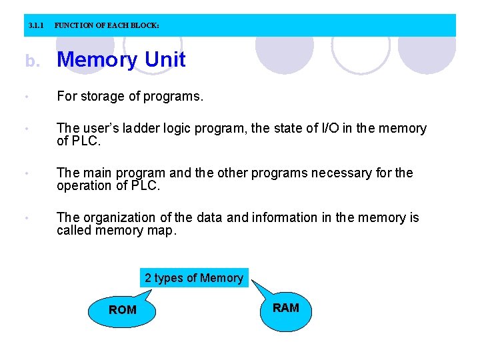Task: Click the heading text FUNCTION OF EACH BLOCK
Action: coord(107,26)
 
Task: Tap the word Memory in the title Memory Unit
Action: coord(97,60)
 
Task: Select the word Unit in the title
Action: coord(165,60)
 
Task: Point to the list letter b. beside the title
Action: coord(33,61)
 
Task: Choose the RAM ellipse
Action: coord(286,308)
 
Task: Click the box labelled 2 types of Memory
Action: coord(194,278)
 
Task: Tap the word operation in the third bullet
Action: coord(84,185)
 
